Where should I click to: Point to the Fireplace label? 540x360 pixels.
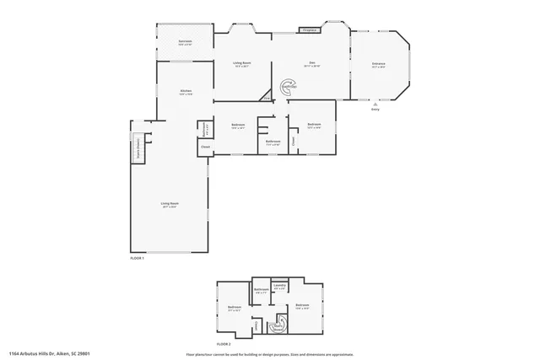pos(309,30)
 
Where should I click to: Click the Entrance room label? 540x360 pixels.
pos(379,65)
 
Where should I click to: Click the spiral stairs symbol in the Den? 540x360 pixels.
pos(288,86)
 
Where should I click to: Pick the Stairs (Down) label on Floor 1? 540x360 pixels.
pos(138,149)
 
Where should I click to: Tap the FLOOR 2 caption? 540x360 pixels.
pos(224,345)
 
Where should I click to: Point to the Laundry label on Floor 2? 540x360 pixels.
pos(280,287)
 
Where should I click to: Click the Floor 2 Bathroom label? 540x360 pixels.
pos(262,292)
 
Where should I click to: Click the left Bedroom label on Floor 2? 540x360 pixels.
pos(235,307)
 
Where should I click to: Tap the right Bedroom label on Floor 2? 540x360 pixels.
pos(302,305)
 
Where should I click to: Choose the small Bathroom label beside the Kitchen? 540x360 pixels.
pos(204,128)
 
